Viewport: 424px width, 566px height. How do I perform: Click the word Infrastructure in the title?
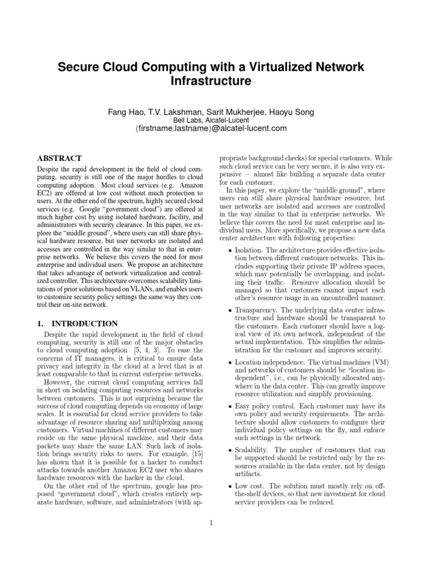211,82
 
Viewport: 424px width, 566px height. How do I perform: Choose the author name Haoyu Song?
292,112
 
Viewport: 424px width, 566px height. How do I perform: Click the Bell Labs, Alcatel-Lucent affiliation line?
211,120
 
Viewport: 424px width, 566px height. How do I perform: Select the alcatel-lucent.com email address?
211,129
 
